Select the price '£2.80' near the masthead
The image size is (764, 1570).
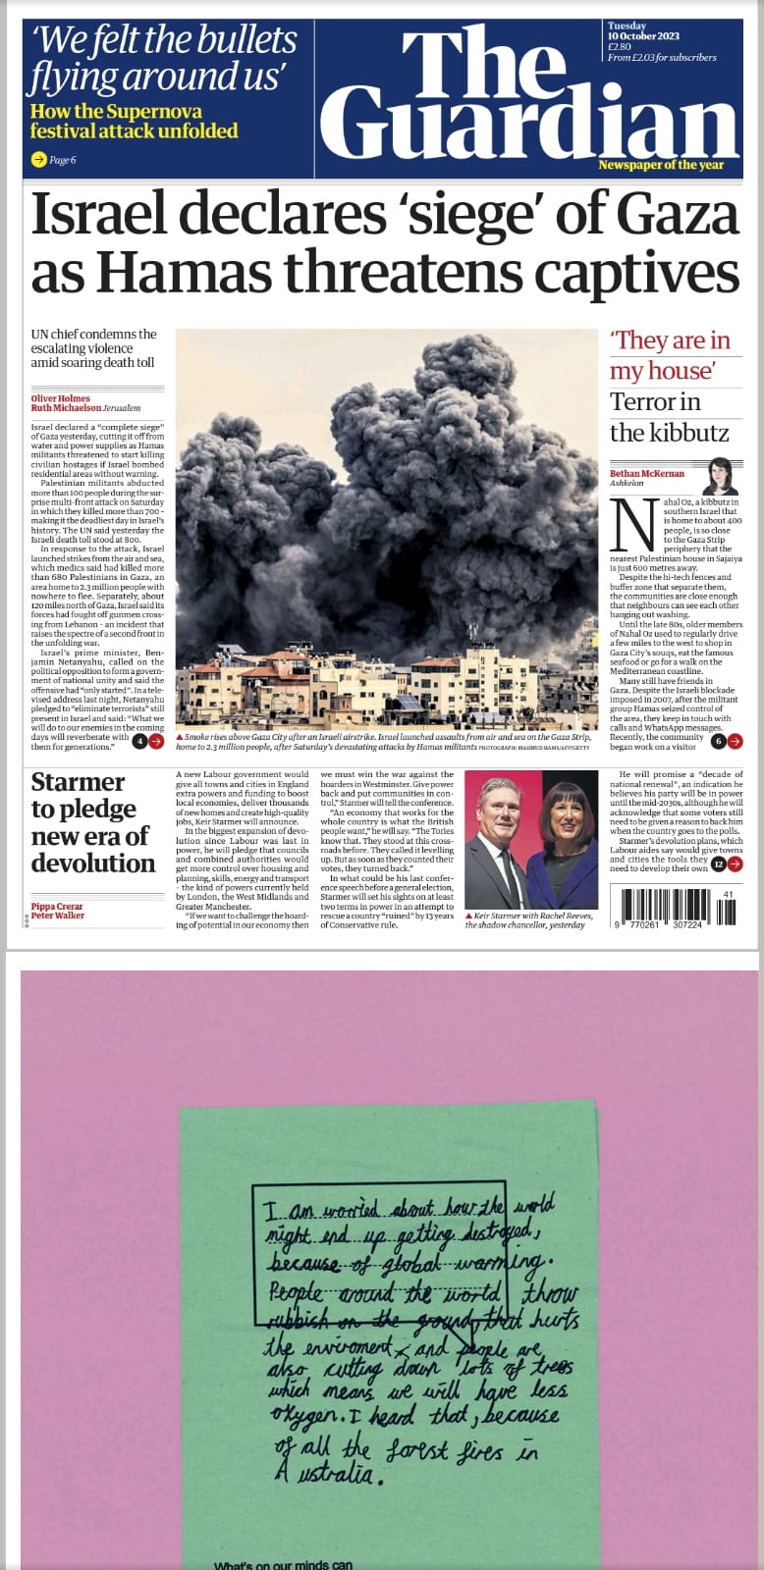[x=620, y=46]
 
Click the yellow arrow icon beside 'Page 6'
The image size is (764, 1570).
[x=38, y=159]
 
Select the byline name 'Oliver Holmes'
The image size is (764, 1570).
[x=60, y=398]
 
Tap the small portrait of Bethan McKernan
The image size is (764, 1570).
[x=720, y=476]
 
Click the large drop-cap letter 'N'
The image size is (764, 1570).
[x=631, y=524]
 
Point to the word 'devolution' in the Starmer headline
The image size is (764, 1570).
[x=93, y=863]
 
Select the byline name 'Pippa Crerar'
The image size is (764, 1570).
[x=57, y=907]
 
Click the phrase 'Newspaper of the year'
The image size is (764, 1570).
[x=661, y=165]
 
